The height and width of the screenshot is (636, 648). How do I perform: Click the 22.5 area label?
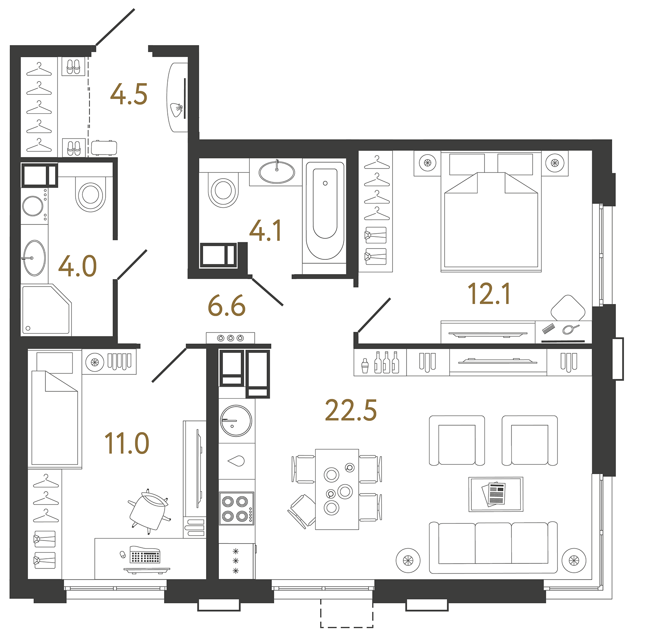351,410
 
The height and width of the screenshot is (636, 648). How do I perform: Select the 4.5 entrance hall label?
129,95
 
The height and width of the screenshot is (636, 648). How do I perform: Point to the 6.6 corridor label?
226,306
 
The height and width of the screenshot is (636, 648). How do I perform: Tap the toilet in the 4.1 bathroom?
223,190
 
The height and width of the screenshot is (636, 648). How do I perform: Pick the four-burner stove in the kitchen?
236,508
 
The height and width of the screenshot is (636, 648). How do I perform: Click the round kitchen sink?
236,421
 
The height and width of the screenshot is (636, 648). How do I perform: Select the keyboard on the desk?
145,556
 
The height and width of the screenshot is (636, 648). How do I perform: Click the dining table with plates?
337,489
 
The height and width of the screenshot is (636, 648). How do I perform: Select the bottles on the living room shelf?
386,363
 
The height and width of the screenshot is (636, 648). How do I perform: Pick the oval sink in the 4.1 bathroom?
276,172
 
